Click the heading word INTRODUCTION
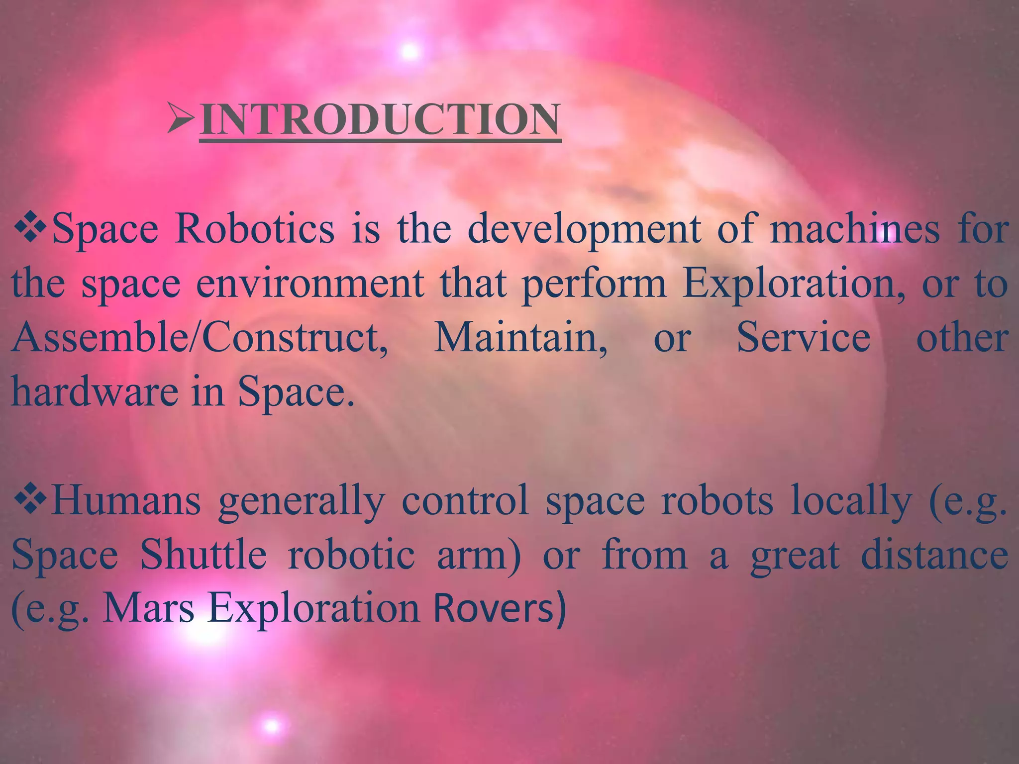point(380,120)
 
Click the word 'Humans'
point(126,501)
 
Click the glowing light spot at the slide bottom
point(272,726)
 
